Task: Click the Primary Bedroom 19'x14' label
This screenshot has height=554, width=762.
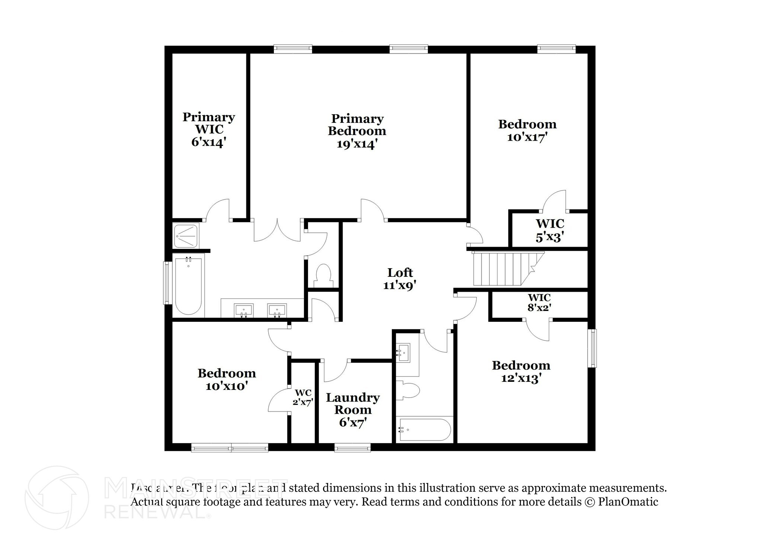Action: click(357, 131)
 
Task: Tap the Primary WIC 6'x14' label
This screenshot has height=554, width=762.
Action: click(208, 129)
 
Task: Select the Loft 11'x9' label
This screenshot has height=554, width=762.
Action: click(400, 279)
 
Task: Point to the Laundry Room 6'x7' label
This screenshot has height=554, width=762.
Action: click(353, 410)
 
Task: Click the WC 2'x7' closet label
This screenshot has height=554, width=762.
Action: click(303, 397)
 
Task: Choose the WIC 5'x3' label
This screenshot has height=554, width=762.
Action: click(550, 230)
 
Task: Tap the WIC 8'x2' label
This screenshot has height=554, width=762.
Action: click(539, 302)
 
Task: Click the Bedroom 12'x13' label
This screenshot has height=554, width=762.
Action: click(521, 371)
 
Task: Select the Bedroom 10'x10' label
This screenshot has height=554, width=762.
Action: click(227, 379)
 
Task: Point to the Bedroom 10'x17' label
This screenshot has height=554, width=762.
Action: click(527, 130)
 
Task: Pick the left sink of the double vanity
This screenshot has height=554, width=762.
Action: click(244, 310)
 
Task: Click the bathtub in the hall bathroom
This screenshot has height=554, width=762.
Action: click(425, 430)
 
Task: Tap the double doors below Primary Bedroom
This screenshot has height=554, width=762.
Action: click(277, 231)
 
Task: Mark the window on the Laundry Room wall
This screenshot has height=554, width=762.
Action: click(352, 448)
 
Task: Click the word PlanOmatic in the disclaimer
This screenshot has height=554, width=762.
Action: click(628, 502)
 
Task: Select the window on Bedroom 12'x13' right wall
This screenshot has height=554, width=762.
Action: click(592, 348)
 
